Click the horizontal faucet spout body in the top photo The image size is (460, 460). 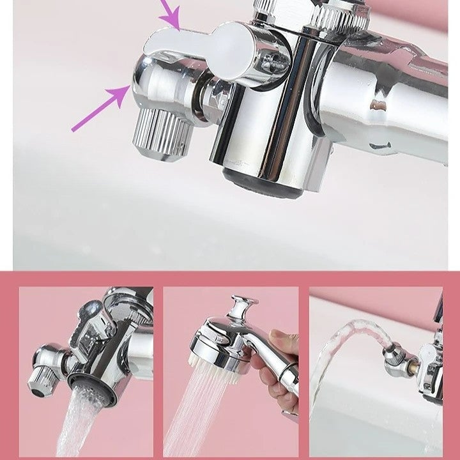[x=390, y=96]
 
